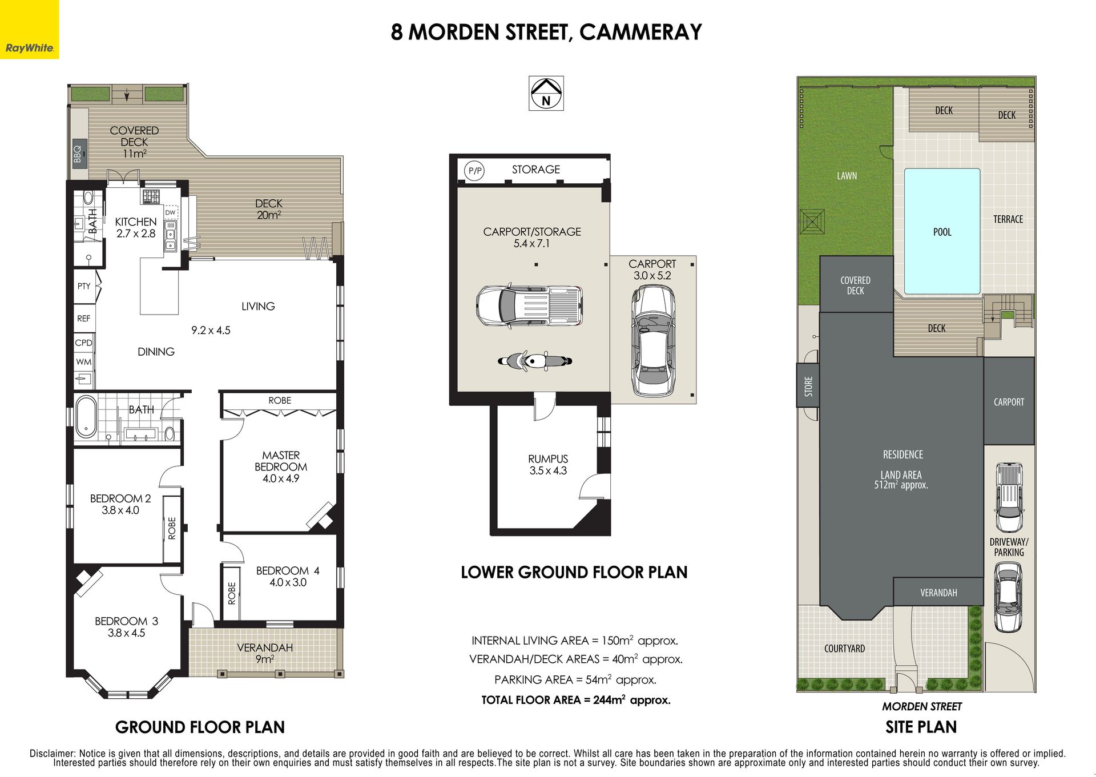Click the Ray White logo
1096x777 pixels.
point(29,29)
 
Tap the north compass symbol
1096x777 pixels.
point(546,93)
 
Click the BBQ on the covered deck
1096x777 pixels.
point(79,154)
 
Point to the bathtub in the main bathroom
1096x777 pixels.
point(86,416)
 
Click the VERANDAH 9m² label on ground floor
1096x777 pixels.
point(265,653)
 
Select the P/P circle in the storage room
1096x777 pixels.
point(474,170)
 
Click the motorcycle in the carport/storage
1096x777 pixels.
point(535,361)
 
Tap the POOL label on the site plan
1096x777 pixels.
point(942,232)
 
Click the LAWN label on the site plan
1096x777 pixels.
point(847,176)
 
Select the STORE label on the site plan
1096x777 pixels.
point(808,386)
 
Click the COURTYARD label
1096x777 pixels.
point(845,649)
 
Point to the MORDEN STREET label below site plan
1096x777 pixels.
point(922,706)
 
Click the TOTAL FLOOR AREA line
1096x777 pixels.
point(576,700)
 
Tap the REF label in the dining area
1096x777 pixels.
point(84,319)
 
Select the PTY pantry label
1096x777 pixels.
point(84,286)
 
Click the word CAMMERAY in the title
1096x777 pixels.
point(640,32)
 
